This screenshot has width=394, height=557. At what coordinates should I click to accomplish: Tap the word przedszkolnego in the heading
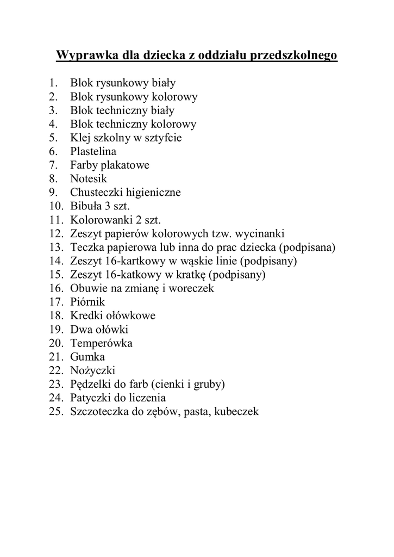point(293,56)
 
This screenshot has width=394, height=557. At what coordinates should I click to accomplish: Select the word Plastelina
point(93,151)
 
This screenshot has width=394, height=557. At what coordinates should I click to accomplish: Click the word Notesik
point(89,178)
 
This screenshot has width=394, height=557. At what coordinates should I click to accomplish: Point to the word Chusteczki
point(96,193)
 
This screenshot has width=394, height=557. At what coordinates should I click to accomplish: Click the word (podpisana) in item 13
point(308,247)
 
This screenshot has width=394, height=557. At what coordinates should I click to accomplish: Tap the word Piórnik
point(87,302)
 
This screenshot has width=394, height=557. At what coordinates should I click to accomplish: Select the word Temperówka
point(101,343)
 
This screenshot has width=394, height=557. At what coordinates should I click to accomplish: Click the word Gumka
point(87,357)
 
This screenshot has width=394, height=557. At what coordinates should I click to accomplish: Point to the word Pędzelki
point(91,385)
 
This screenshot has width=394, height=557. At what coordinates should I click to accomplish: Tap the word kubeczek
point(237,412)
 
